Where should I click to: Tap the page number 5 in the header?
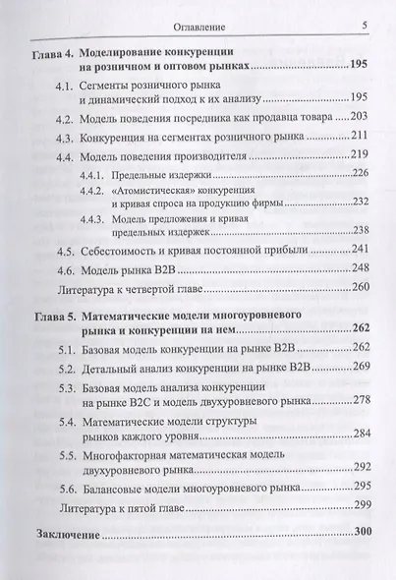pos(364,27)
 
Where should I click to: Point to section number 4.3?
pos(66,136)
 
